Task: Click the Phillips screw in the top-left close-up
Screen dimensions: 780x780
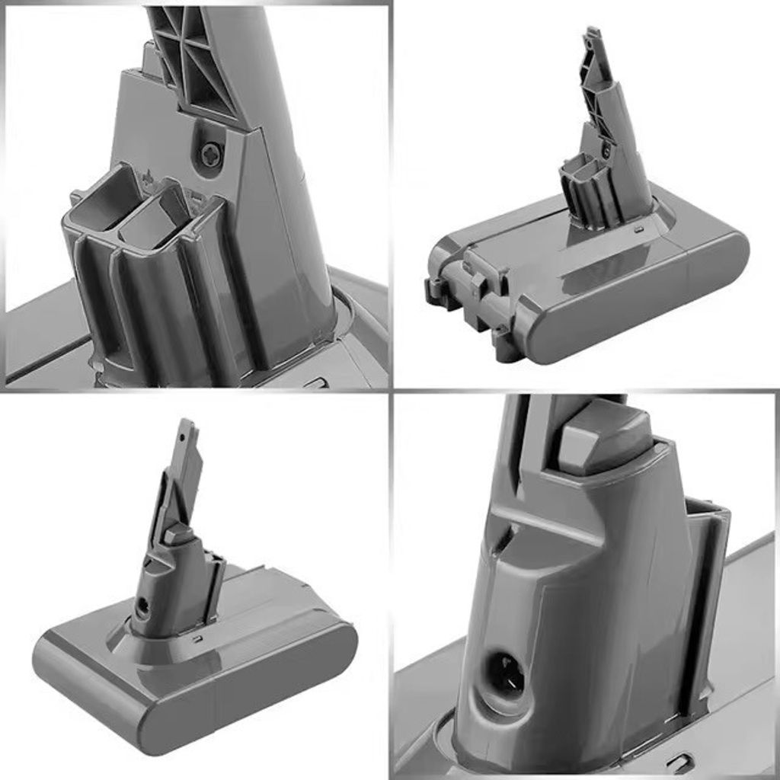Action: click(x=209, y=155)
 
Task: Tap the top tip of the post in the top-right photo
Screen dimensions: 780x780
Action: click(x=592, y=32)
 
